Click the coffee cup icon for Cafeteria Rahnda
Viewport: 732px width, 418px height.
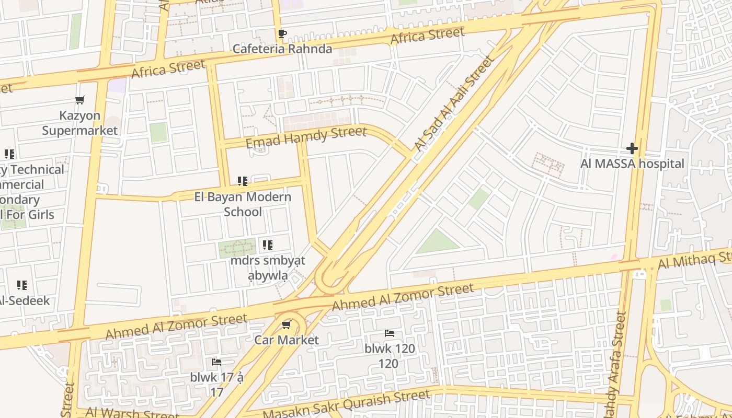(x=282, y=34)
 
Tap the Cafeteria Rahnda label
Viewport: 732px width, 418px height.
(x=282, y=49)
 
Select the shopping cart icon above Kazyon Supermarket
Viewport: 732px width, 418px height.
(x=80, y=100)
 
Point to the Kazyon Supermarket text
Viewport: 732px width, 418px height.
(x=80, y=123)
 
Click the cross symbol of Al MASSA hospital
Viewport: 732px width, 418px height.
(x=632, y=148)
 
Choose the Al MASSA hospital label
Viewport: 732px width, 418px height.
(x=632, y=164)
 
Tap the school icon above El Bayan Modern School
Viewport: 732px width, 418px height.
(x=243, y=181)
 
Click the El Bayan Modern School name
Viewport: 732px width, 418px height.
(x=243, y=204)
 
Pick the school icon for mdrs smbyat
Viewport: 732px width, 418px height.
(x=268, y=245)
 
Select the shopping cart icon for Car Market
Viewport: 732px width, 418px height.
(x=286, y=325)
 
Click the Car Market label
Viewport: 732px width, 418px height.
(x=286, y=340)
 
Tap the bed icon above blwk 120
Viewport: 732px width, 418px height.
(x=390, y=333)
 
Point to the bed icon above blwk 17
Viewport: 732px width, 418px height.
(x=216, y=362)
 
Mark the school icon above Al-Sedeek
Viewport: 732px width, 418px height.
(x=22, y=285)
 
